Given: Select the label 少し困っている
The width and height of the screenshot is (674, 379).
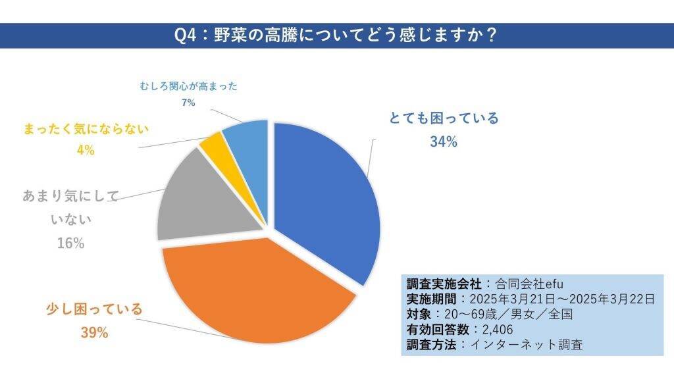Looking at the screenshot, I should [x=94, y=309].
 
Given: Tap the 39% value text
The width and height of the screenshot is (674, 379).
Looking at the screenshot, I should [x=94, y=333].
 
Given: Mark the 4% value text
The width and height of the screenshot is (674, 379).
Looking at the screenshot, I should [x=86, y=150].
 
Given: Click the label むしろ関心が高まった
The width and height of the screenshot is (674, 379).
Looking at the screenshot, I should [x=188, y=86].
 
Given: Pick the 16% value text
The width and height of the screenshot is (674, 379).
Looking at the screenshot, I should [x=70, y=243].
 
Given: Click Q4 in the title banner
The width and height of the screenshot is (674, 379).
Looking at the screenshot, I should [x=188, y=35].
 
